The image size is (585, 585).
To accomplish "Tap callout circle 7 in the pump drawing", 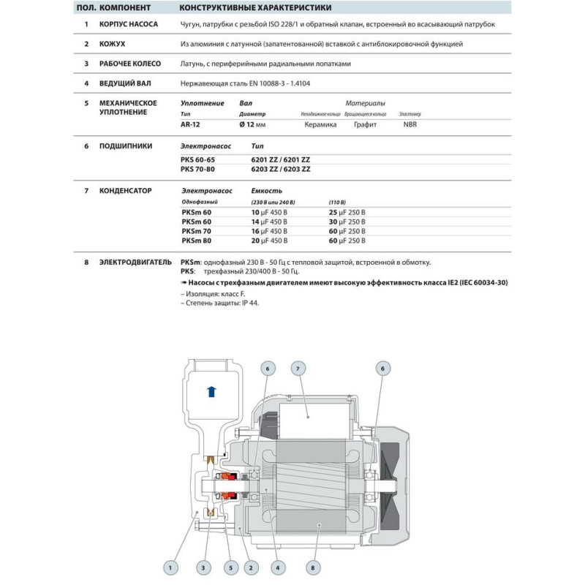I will [x=298, y=369].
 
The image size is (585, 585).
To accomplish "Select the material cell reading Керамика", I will [x=320, y=125].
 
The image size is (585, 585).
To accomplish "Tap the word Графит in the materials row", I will [x=365, y=125].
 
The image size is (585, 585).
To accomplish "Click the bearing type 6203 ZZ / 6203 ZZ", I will [x=281, y=168].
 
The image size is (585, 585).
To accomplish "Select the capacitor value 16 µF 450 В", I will [x=269, y=230].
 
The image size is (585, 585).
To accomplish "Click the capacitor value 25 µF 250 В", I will [x=347, y=211].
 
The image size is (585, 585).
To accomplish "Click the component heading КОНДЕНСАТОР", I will [x=125, y=191].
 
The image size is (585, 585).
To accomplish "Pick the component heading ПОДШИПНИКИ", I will [x=125, y=146].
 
